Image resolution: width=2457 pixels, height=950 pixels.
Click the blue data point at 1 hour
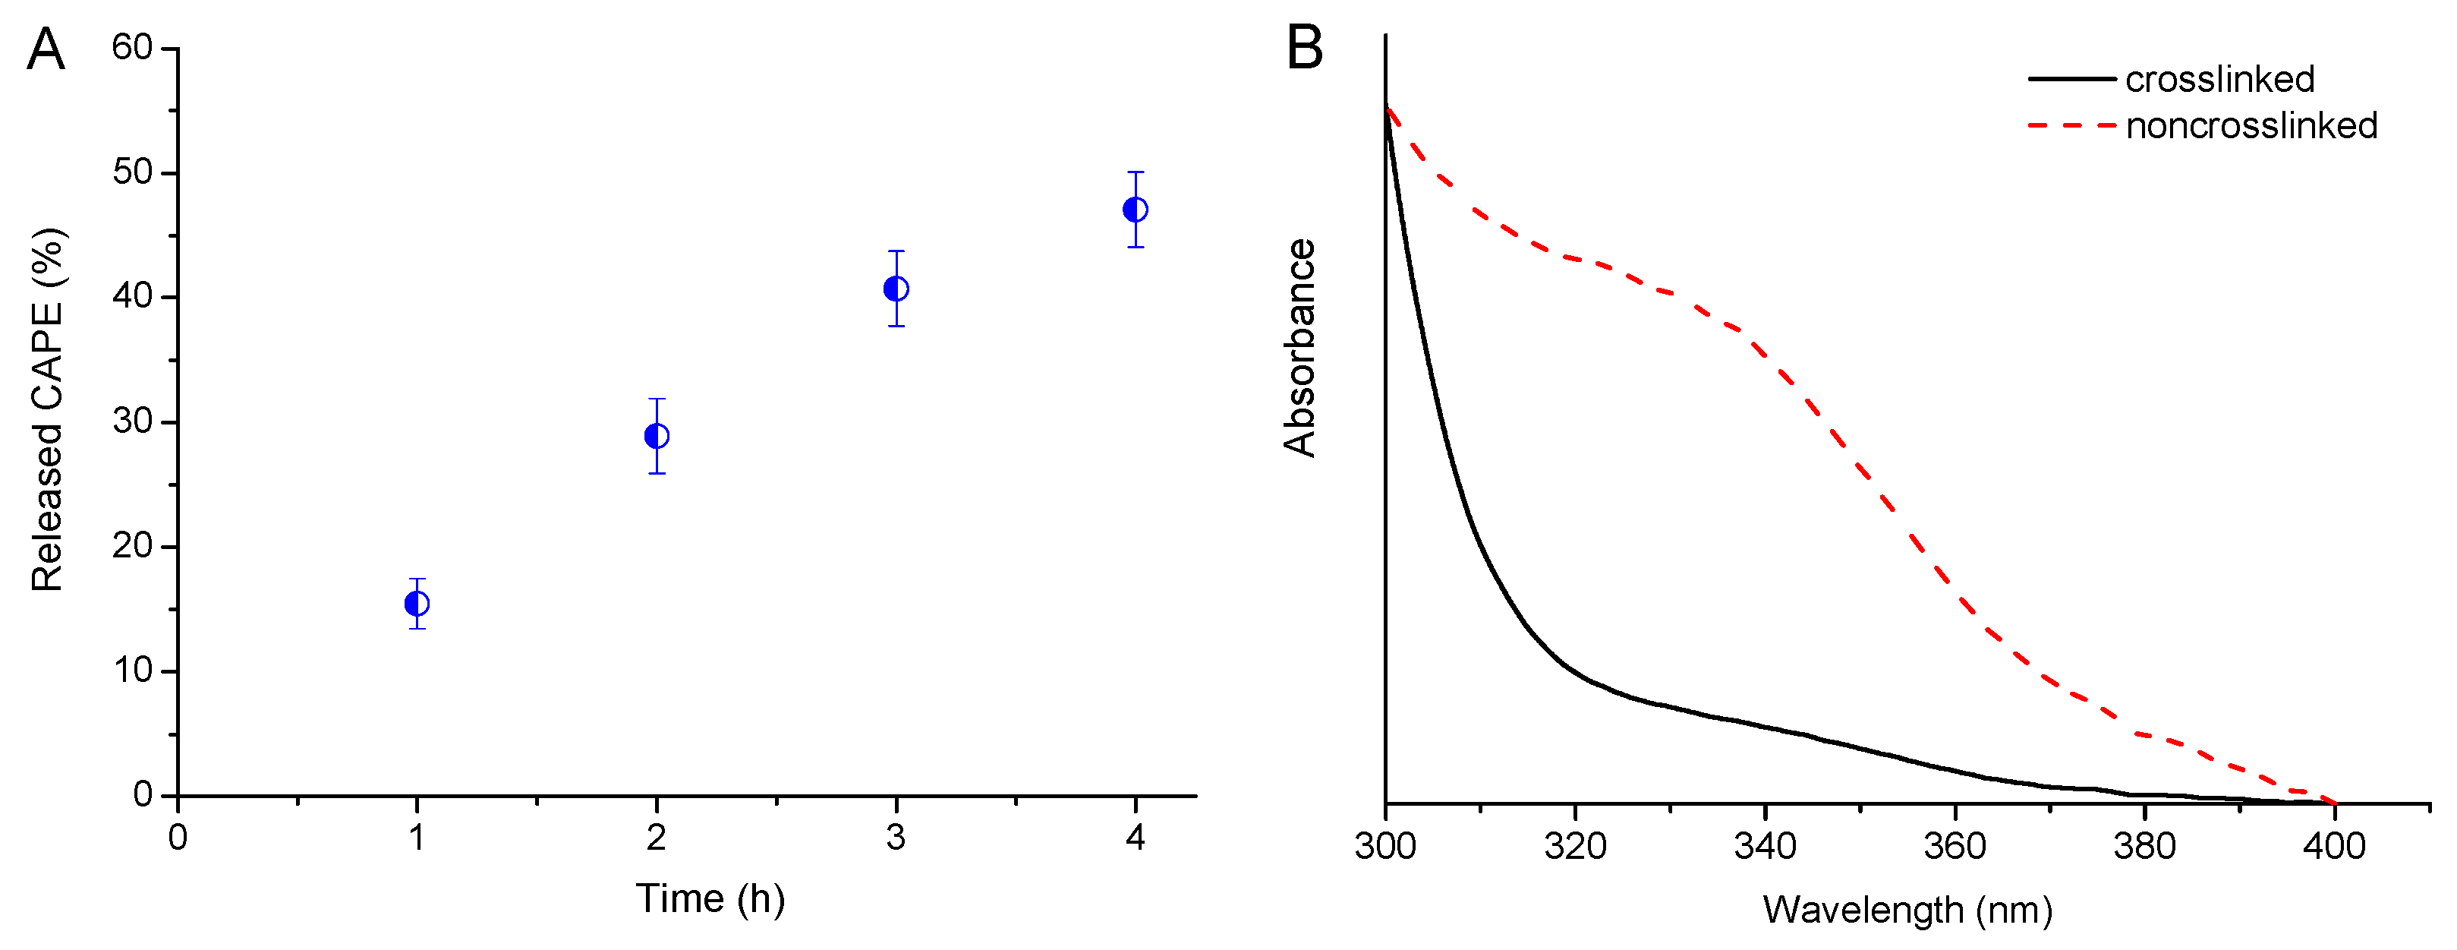pos(417,604)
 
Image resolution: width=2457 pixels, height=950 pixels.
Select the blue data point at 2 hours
pos(657,436)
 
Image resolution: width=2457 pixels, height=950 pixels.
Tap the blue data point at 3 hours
pos(896,288)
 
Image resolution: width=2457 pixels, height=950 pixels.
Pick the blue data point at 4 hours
pos(1135,209)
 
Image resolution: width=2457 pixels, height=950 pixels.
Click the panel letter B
pos(1304,48)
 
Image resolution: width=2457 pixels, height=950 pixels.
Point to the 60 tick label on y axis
pos(133,47)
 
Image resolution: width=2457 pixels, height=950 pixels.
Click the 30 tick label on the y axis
pos(133,421)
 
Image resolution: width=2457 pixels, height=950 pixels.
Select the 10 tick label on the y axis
pos(133,671)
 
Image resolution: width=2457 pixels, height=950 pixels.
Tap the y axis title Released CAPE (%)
pos(48,410)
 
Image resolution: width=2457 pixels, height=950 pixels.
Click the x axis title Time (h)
pos(710,898)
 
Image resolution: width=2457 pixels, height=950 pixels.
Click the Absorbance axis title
pos(1299,348)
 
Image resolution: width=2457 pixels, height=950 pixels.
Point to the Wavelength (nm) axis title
pos(1907,910)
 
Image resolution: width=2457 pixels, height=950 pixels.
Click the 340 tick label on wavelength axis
pos(1766,846)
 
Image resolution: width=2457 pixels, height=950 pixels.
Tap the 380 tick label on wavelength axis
pos(2145,846)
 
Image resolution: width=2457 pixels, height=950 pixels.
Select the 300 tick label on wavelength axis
pos(1386,846)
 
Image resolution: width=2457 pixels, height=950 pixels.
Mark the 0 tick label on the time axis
pos(178,838)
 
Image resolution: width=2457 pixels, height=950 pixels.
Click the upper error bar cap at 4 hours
pos(1135,172)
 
